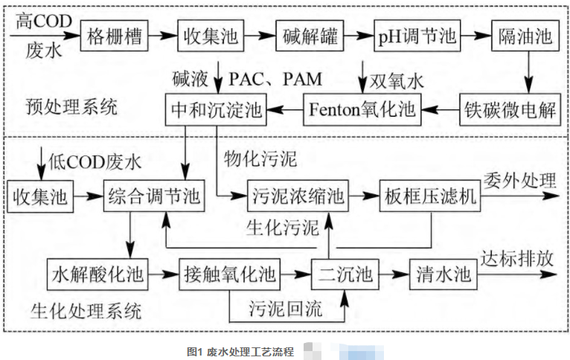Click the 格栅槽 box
(115, 34)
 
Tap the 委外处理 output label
(520, 180)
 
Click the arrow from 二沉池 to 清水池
(393, 274)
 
